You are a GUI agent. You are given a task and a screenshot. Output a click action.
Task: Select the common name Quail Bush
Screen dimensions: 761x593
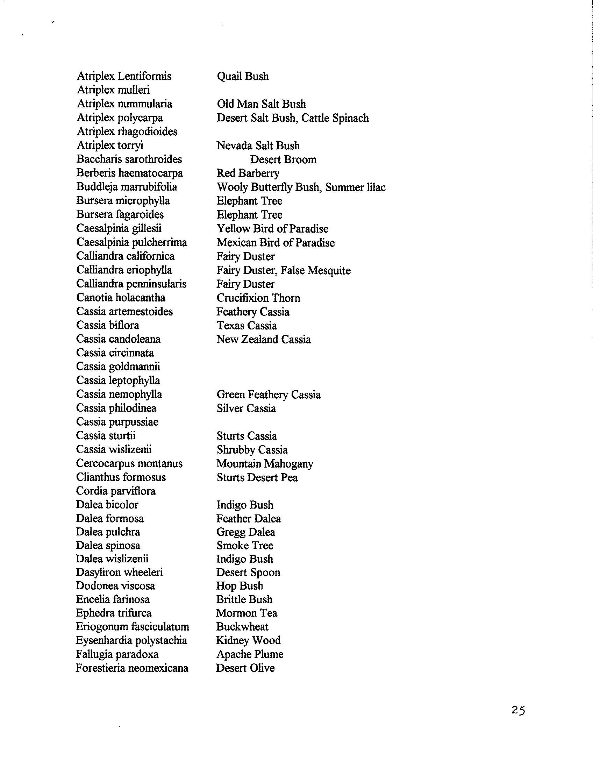click(243, 76)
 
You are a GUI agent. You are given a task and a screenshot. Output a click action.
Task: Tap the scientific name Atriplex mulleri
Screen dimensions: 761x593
click(113, 90)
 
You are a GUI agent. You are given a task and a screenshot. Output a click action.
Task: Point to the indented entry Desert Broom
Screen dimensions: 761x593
click(283, 159)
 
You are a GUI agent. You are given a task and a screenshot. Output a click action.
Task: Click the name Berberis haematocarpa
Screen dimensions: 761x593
click(130, 173)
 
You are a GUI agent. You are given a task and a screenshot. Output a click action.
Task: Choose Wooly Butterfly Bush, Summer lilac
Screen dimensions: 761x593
click(301, 187)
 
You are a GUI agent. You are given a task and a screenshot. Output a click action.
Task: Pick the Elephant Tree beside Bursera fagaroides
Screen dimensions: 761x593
click(249, 215)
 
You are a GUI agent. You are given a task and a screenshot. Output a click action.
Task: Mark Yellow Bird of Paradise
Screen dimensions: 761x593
click(272, 229)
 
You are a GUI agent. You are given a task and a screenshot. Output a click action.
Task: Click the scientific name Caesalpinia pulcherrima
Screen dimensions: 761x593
click(132, 242)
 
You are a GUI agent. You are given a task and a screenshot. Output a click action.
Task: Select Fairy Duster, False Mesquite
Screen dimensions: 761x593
click(284, 270)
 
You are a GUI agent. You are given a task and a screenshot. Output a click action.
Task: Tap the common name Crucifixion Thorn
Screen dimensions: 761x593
click(258, 298)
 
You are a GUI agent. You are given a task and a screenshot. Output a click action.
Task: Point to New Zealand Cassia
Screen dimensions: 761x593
click(264, 339)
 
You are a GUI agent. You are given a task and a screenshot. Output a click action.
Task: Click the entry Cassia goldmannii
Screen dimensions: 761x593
click(118, 367)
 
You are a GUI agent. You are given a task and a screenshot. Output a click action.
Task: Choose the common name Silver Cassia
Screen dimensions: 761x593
click(246, 408)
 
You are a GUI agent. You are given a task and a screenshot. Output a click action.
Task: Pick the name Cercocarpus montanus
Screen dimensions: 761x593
click(129, 463)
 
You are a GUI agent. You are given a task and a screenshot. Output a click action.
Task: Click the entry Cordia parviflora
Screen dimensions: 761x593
click(116, 491)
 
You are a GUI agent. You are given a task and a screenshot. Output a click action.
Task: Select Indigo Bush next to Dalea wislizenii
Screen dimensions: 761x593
click(245, 559)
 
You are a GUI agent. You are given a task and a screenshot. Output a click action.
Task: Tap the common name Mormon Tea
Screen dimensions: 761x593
click(247, 613)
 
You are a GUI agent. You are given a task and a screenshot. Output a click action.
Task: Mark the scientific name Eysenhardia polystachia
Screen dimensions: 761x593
click(131, 640)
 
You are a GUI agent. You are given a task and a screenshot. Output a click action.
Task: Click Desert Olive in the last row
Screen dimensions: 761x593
click(245, 668)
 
